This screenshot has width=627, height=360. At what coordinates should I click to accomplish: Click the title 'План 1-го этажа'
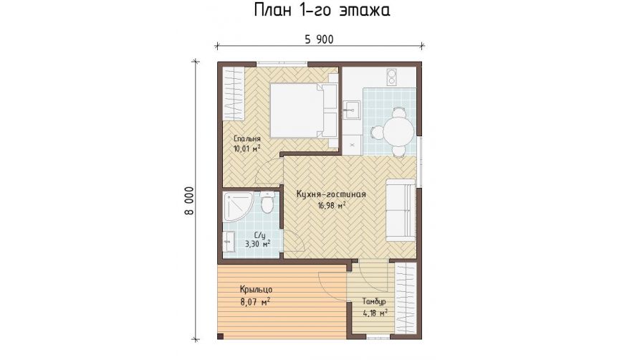point(322,11)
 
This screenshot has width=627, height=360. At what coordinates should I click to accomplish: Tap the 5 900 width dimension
point(319,39)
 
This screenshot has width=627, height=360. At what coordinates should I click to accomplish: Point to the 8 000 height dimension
point(189,200)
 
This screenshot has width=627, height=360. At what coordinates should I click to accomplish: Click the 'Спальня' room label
point(247,139)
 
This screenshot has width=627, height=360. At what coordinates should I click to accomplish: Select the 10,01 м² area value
point(247,148)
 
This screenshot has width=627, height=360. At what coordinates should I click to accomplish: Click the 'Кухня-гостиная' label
point(331,194)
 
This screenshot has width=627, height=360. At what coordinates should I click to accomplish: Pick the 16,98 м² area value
point(332,206)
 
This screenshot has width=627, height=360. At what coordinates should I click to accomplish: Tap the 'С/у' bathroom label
point(258,235)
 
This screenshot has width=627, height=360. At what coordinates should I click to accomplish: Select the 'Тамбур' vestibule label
point(374,301)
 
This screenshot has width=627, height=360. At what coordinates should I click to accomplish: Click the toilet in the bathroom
point(267,202)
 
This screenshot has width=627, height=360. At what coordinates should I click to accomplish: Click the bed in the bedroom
point(304,110)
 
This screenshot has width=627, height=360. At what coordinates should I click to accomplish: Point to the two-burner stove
point(391,77)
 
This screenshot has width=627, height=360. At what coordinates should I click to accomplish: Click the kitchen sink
point(352,110)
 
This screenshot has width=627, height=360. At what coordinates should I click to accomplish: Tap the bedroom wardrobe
point(233,93)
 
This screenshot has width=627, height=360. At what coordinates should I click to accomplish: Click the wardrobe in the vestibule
point(406,298)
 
